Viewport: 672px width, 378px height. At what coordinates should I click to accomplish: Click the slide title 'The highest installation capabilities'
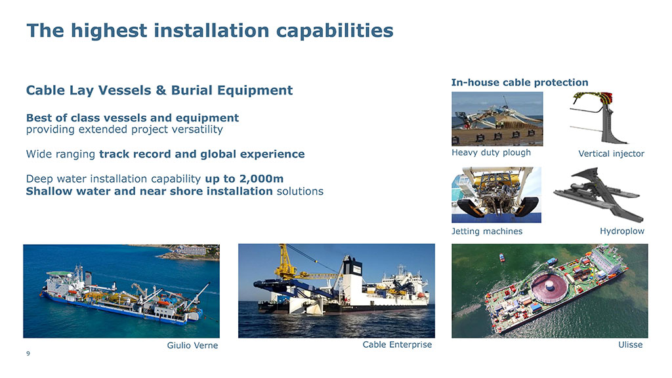[210, 31]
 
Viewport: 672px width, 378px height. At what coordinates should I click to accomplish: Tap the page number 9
[28, 354]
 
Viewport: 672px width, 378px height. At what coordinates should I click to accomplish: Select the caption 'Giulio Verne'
[192, 345]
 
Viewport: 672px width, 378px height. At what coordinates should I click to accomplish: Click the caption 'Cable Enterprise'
[397, 345]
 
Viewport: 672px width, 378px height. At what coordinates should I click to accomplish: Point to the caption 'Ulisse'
[631, 345]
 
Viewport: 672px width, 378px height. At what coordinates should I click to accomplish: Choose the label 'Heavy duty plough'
[491, 152]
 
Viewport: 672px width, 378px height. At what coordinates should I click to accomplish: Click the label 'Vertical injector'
[611, 154]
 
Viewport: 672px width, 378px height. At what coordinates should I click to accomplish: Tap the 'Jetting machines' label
[487, 232]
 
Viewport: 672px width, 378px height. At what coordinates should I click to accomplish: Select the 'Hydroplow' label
[622, 231]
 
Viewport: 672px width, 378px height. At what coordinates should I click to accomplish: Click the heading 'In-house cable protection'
[520, 82]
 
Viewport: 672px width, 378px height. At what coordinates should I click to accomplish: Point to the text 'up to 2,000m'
[244, 178]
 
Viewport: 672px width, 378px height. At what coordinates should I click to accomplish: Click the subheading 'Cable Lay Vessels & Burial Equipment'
[159, 90]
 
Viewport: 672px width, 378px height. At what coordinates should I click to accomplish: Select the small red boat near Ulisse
[502, 257]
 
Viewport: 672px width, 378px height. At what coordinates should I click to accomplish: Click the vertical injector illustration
[602, 118]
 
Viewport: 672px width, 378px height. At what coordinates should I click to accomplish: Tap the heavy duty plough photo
[497, 119]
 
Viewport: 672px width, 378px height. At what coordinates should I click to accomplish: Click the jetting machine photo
[496, 195]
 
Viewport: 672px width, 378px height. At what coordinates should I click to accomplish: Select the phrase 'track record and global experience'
[202, 154]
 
